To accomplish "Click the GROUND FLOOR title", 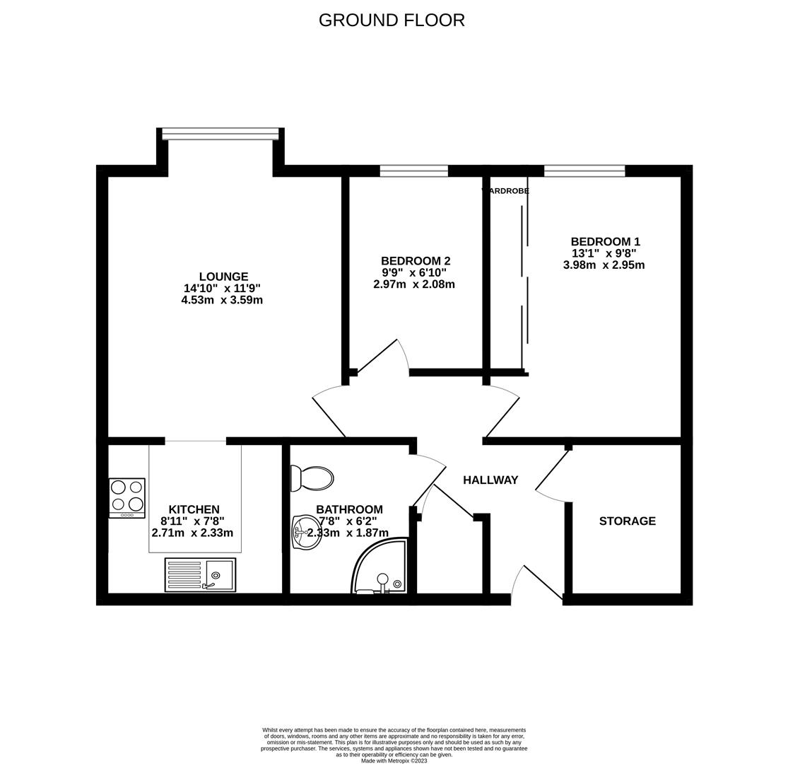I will [x=392, y=21].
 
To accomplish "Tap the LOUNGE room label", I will [x=223, y=277].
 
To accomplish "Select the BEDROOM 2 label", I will [x=415, y=261].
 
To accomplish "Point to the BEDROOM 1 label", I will [x=605, y=242].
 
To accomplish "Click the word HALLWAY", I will [x=490, y=480].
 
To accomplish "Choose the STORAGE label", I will [x=627, y=521].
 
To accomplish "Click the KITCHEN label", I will [x=194, y=509].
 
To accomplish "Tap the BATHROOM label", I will [x=349, y=509].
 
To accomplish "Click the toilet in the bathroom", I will [x=312, y=478].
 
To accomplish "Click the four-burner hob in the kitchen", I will [x=127, y=497].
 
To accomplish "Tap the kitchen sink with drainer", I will [x=200, y=574].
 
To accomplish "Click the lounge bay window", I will [x=220, y=134].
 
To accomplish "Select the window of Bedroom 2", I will [x=413, y=170].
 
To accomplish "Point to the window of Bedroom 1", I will [x=584, y=170].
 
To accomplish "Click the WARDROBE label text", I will [x=506, y=191].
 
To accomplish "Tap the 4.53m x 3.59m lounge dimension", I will [x=222, y=300].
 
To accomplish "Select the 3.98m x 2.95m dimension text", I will [x=604, y=265].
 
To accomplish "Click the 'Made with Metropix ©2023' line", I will [x=394, y=760].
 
